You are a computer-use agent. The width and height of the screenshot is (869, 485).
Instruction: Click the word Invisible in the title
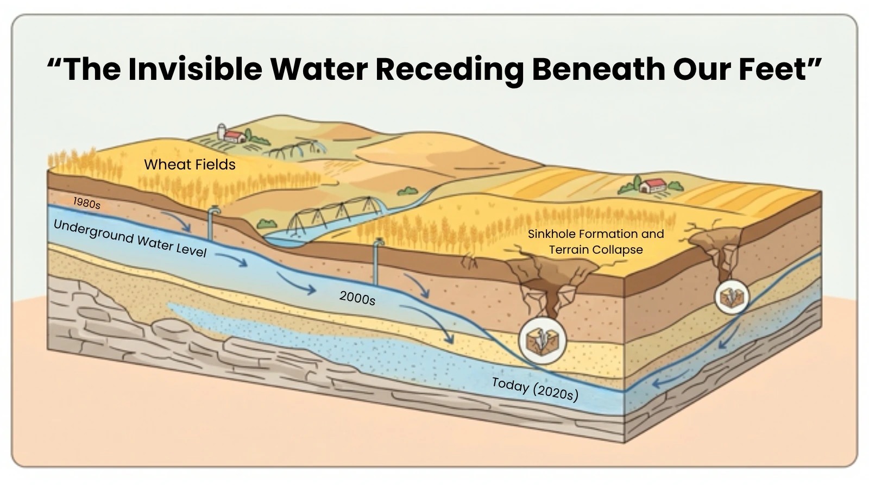pyautogui.click(x=195, y=69)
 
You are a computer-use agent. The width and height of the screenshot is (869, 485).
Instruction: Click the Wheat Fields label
pyautogui.click(x=190, y=165)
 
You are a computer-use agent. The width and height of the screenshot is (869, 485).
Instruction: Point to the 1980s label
pyautogui.click(x=87, y=203)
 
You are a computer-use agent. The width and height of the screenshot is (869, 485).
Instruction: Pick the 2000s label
pyautogui.click(x=357, y=298)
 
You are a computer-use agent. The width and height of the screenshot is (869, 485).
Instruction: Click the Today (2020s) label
pyautogui.click(x=536, y=389)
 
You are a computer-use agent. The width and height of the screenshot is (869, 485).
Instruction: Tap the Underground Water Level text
pyautogui.click(x=130, y=238)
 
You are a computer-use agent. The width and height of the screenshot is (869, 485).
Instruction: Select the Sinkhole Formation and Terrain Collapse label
pyautogui.click(x=596, y=241)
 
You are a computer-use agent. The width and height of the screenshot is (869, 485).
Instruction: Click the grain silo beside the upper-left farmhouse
pyautogui.click(x=222, y=131)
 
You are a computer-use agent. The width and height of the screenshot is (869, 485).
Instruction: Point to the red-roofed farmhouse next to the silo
pyautogui.click(x=235, y=136)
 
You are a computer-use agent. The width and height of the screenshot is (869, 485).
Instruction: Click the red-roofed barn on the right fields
pyautogui.click(x=653, y=185)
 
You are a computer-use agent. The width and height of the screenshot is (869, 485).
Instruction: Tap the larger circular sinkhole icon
pyautogui.click(x=543, y=341)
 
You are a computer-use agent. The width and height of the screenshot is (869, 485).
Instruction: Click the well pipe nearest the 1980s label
pyautogui.click(x=212, y=223)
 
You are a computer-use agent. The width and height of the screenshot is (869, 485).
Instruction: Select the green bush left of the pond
pyautogui.click(x=267, y=224)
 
